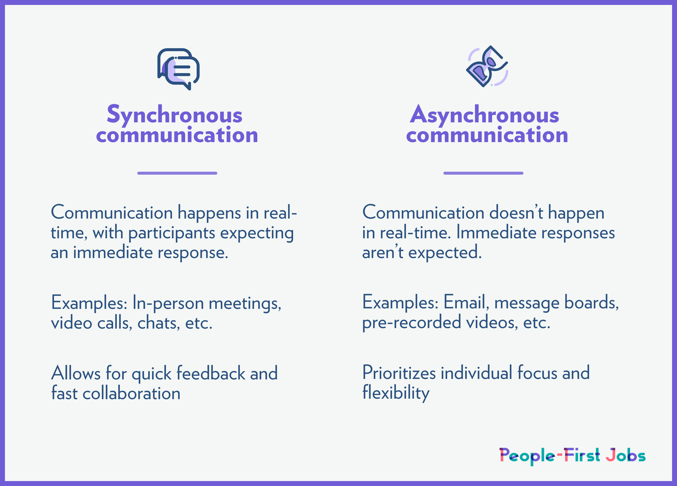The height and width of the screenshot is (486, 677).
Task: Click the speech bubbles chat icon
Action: [178, 69]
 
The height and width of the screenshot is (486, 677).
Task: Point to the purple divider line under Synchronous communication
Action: [177, 173]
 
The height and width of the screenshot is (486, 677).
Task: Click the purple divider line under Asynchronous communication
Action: [483, 173]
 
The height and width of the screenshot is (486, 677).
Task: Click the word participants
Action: [172, 233]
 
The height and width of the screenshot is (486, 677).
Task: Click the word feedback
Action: [211, 373]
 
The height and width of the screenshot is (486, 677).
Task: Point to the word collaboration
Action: [131, 393]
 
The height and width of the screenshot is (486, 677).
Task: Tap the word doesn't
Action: [516, 213]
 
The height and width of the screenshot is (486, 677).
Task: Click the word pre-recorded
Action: [412, 323]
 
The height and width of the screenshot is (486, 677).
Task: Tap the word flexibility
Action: [396, 393]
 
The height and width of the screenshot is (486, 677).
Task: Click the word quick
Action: [152, 374]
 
